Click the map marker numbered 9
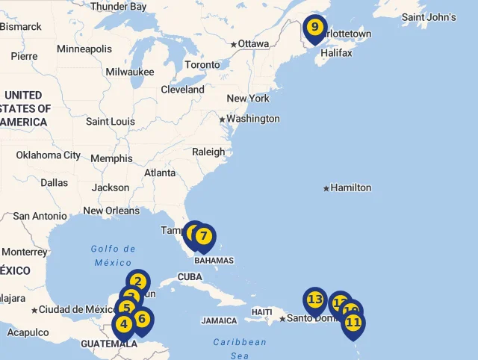314,28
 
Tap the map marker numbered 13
314,300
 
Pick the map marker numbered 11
353,323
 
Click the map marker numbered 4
123,324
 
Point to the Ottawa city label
253,44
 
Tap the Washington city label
252,119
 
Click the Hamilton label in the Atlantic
350,187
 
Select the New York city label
248,99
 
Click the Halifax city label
336,53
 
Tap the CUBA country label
190,277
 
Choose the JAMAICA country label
219,321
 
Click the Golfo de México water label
113,255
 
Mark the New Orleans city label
111,211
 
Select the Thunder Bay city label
119,6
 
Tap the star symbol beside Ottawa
234,45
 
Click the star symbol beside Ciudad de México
34,310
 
